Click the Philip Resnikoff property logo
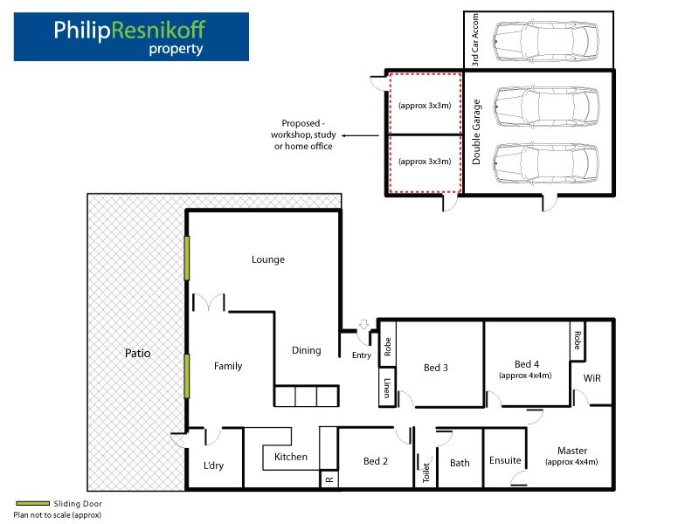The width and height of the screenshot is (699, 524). pos(131,37)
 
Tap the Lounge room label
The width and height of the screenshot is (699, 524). pos(268,259)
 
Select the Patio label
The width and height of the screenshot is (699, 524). pos(138,354)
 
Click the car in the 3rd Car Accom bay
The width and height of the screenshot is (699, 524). pos(546,40)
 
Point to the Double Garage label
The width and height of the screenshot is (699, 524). pos(476,132)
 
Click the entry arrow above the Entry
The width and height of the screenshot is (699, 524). pos(364,324)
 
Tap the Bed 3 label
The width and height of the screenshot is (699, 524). pos(435,368)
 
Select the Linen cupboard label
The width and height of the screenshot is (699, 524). pos(387,388)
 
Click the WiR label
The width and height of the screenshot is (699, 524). pos(592,378)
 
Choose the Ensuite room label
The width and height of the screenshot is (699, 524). pos(505,460)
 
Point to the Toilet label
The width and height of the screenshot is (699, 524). pos(426,472)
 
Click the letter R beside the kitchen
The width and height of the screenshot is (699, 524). pos(329,479)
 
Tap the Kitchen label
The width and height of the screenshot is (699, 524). pos(291,457)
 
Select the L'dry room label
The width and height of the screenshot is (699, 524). pos(213,465)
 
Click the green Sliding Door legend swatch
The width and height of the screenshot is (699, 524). pos(32,504)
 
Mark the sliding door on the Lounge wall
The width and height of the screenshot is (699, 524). pos(187,258)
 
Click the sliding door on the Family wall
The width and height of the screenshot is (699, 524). pos(187,376)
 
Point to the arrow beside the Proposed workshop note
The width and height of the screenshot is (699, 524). pos(360,135)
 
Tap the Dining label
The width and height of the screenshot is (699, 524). pos(307,350)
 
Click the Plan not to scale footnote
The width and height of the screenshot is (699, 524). pos(58,515)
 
